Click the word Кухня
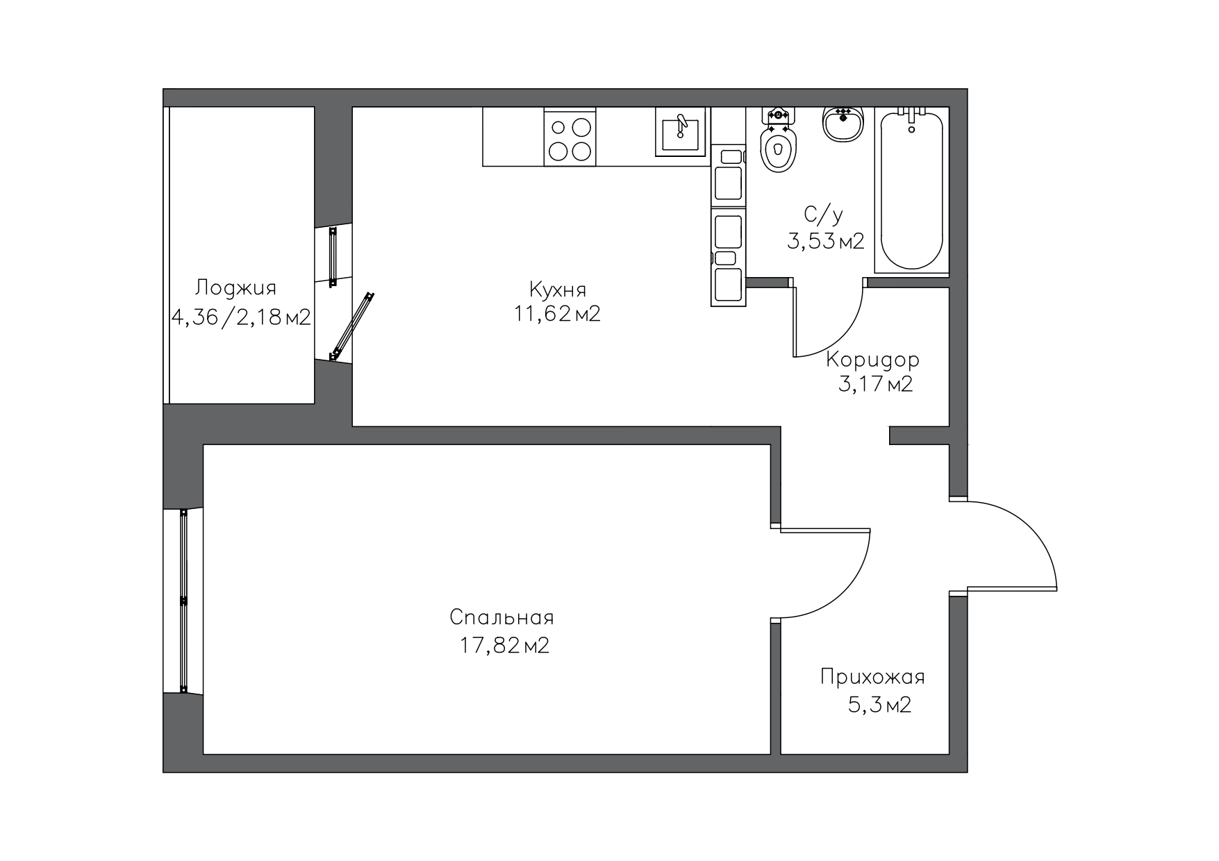pyautogui.click(x=557, y=288)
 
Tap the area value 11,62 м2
pyautogui.click(x=557, y=314)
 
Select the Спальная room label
pyautogui.click(x=501, y=617)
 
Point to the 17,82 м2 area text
pyautogui.click(x=504, y=646)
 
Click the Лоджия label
pyautogui.click(x=236, y=288)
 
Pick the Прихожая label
pyautogui.click(x=872, y=677)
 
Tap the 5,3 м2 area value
pyautogui.click(x=879, y=705)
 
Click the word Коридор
pyautogui.click(x=872, y=360)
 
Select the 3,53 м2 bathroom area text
pyautogui.click(x=825, y=241)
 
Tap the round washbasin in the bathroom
pyautogui.click(x=843, y=124)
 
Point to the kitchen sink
pyautogui.click(x=680, y=132)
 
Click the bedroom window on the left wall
pyautogui.click(x=183, y=601)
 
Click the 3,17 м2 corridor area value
pyautogui.click(x=875, y=384)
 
